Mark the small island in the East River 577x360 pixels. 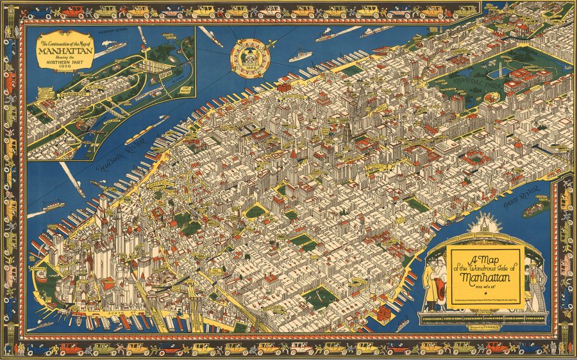[x=535, y=208]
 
